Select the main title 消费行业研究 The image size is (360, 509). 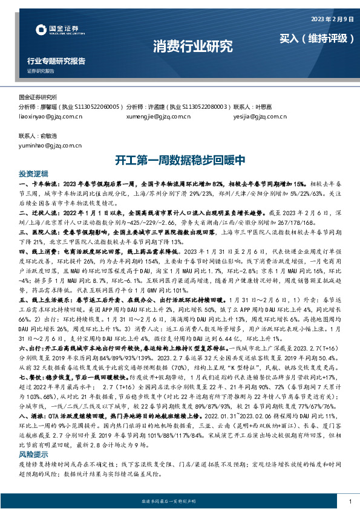[192, 46]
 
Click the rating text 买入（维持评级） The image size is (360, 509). [316, 39]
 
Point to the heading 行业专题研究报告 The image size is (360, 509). [56, 61]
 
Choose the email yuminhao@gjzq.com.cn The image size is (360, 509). [50, 145]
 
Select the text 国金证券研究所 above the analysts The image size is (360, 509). [38, 97]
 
